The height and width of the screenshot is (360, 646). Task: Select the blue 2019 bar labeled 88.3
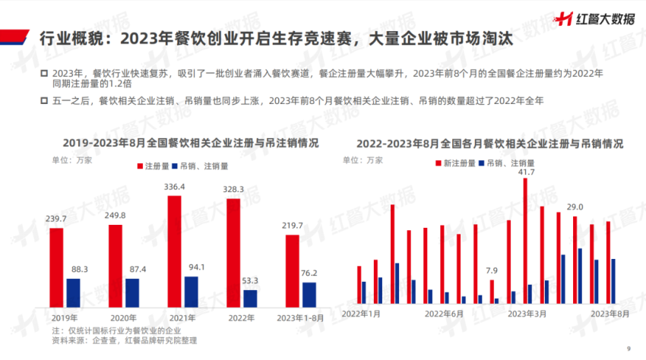73,293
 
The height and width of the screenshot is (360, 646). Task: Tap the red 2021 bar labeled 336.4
174,251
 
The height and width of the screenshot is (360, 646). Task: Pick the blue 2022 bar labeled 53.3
250,298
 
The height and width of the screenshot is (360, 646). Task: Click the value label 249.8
115,216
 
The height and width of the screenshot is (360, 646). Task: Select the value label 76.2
309,273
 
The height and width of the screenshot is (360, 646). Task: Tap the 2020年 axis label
124,317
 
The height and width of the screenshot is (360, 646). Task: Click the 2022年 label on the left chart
241,317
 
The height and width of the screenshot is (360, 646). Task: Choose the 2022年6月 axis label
444,314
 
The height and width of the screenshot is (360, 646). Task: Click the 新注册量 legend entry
457,163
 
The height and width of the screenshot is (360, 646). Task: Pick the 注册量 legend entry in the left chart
154,165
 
